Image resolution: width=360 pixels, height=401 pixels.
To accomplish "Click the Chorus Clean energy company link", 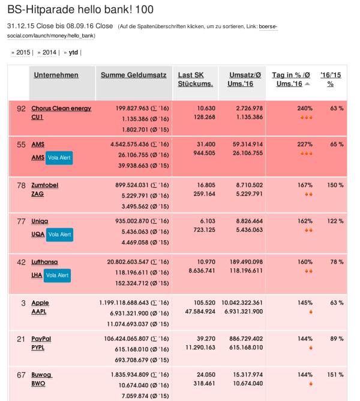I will click(x=61, y=108).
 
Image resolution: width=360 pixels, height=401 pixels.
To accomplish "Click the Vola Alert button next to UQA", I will click(x=59, y=234).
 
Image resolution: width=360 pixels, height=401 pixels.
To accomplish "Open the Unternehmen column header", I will click(x=56, y=75).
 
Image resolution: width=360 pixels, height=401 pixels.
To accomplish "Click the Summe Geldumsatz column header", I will click(x=133, y=75).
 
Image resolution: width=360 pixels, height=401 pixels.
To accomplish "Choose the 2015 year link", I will click(x=23, y=53).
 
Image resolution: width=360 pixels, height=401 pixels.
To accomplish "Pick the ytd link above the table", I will click(x=73, y=53).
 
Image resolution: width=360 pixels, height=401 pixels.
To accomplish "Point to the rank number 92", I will click(x=21, y=109).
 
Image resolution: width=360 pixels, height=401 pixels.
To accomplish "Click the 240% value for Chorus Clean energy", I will click(x=305, y=108).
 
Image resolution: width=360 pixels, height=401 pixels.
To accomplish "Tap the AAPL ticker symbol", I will click(x=39, y=312).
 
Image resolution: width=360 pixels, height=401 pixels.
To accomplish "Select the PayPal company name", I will click(x=41, y=339).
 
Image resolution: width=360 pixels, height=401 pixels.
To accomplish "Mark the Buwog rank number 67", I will click(x=21, y=375).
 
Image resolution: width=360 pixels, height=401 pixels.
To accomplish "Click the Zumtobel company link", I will click(x=44, y=185).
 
